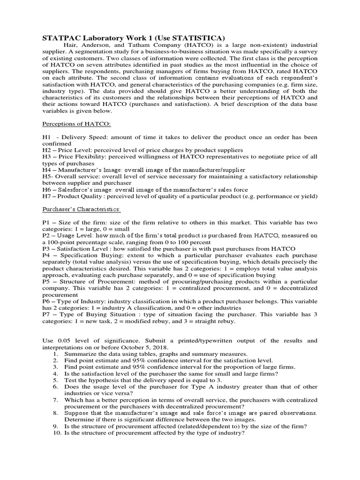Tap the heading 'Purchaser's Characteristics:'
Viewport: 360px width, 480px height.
pyautogui.click(x=81, y=208)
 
